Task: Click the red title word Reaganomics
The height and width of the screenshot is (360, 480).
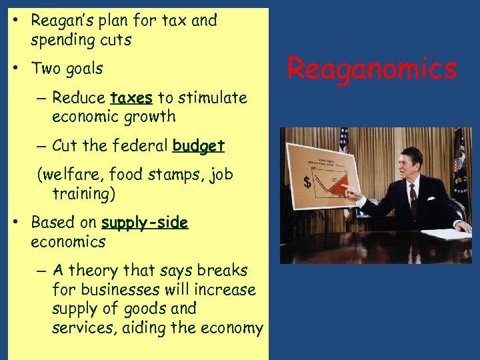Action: [x=372, y=69]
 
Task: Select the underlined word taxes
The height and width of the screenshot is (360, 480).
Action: [x=131, y=98]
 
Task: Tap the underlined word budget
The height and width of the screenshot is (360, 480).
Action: [x=198, y=145]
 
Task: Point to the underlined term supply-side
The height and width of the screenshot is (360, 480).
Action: [x=145, y=223]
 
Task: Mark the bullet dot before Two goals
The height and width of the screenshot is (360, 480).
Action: [x=14, y=69]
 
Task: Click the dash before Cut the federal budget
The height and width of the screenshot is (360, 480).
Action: [x=41, y=145]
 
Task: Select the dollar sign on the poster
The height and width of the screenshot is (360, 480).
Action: [x=307, y=181]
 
